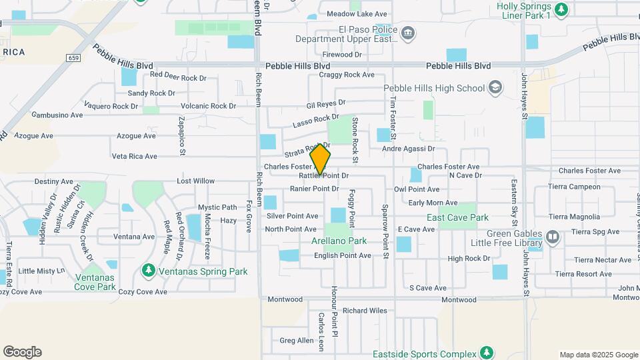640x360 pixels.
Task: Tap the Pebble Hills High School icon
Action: (x=495, y=87)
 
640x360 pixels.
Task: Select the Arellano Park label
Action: (x=339, y=241)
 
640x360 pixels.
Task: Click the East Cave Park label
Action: (x=457, y=217)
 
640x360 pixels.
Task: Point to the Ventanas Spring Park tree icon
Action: (x=147, y=271)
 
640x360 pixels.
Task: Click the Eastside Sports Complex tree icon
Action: (x=487, y=353)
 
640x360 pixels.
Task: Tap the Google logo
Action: (x=22, y=352)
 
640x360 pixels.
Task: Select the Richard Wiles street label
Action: (x=365, y=311)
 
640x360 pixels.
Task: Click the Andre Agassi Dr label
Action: (x=409, y=149)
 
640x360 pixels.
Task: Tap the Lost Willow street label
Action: (x=195, y=181)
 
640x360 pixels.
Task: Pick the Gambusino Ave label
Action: (x=57, y=115)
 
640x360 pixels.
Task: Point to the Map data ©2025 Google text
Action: (x=598, y=355)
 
